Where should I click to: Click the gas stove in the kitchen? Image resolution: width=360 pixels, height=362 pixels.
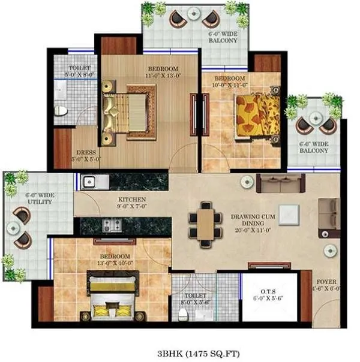[112, 225]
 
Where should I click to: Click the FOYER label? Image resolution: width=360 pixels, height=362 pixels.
[326, 285]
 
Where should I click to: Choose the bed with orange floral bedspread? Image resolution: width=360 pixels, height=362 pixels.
[257, 115]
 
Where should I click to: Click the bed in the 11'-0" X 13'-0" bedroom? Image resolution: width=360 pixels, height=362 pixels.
[127, 112]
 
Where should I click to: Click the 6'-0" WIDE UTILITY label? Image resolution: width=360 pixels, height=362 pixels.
[39, 198]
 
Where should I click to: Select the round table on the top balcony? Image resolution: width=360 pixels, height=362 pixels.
[193, 13]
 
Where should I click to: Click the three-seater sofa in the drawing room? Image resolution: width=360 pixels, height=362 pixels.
[280, 183]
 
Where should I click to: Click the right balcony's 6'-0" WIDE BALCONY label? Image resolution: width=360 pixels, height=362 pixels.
[316, 147]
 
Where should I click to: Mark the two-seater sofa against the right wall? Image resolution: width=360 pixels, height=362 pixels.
[327, 215]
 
